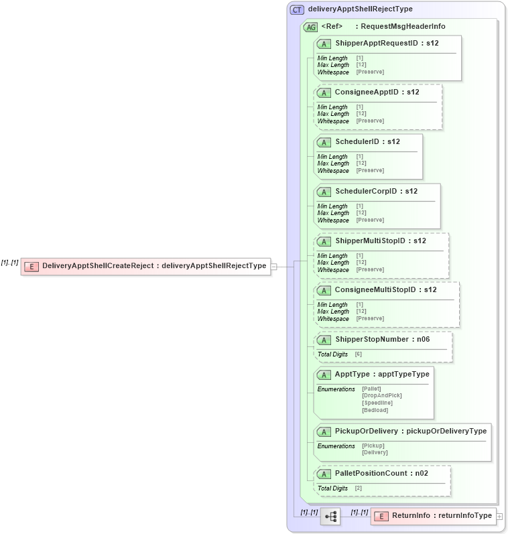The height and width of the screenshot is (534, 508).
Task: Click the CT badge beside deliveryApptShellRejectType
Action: pyautogui.click(x=297, y=9)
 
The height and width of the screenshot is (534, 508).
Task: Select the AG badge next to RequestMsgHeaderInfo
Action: pyautogui.click(x=310, y=27)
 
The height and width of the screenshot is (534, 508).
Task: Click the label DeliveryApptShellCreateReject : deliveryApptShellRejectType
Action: pyautogui.click(x=154, y=266)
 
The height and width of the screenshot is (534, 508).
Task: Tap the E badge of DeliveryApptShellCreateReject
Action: pyautogui.click(x=31, y=267)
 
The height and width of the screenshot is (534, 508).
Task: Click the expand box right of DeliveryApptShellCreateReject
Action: pyautogui.click(x=273, y=267)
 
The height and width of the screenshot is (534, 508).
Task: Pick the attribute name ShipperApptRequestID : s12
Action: pyautogui.click(x=387, y=44)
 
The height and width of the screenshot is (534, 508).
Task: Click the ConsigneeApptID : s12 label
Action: pyautogui.click(x=377, y=92)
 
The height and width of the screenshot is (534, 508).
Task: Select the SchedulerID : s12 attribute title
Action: pyautogui.click(x=367, y=142)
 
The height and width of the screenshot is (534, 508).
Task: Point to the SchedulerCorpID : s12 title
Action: pyautogui.click(x=376, y=192)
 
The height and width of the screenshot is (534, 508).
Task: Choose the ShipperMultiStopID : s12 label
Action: pyautogui.click(x=380, y=241)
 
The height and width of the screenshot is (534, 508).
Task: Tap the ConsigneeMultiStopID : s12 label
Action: pyautogui.click(x=385, y=290)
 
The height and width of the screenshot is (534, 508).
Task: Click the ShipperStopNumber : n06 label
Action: pyautogui.click(x=382, y=340)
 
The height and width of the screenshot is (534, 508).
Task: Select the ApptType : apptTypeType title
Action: pyautogui.click(x=382, y=374)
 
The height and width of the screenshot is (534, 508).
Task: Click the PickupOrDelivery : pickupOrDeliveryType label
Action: pyautogui.click(x=410, y=431)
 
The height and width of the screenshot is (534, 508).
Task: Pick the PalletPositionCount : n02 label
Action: pyautogui.click(x=381, y=474)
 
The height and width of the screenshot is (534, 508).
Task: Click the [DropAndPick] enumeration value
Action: pyautogui.click(x=381, y=395)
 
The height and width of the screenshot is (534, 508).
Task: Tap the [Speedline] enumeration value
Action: pyautogui.click(x=377, y=403)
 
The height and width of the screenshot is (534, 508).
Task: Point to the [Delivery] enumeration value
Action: pyautogui.click(x=375, y=452)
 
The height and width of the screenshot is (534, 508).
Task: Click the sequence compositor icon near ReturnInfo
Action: pyautogui.click(x=330, y=517)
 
